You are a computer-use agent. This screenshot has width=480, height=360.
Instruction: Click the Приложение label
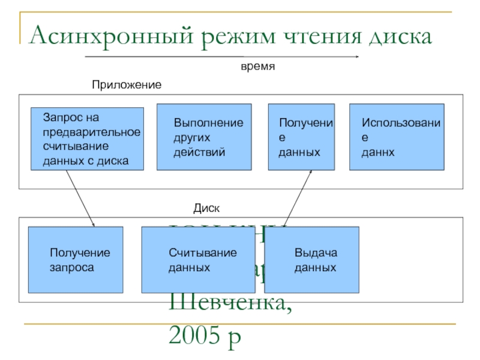(126, 85)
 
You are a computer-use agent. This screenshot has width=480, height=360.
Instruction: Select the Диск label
(206, 208)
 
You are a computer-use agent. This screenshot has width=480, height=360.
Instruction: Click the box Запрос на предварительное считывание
(87, 138)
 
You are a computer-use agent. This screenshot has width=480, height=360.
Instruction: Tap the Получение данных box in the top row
(301, 137)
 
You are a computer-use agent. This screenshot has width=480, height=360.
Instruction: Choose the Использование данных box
(397, 137)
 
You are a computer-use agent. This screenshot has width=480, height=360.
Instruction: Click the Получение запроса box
(76, 259)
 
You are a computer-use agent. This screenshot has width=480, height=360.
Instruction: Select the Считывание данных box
(202, 259)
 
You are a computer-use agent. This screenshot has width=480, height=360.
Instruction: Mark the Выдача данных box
(311, 259)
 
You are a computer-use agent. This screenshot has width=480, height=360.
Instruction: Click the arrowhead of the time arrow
(357, 57)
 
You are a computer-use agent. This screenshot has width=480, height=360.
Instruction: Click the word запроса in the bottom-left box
(71, 267)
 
